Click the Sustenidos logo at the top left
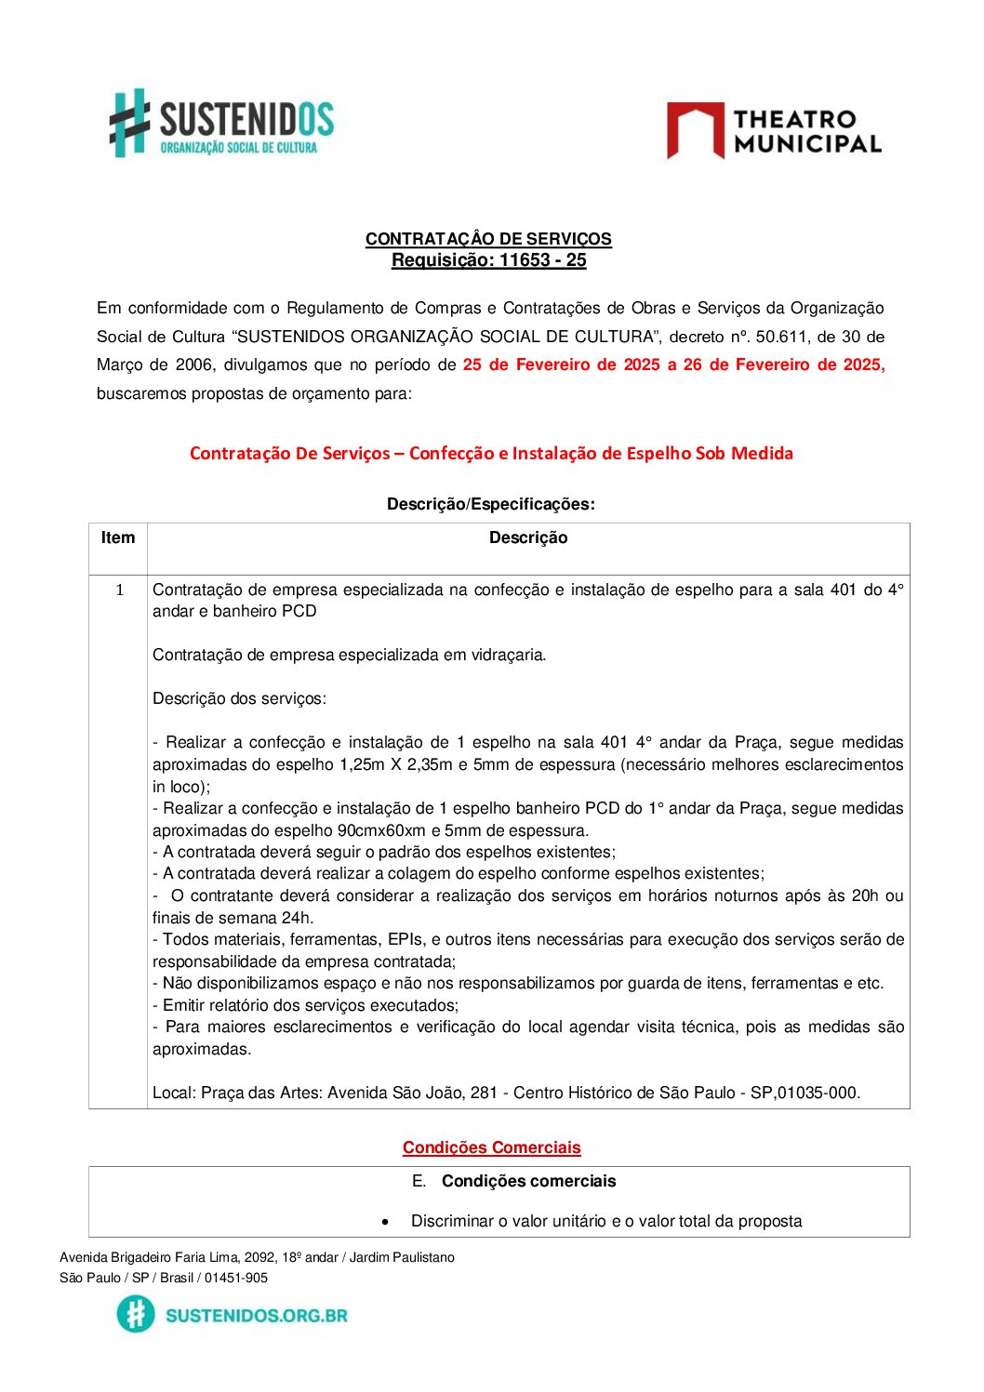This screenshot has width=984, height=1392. point(221,123)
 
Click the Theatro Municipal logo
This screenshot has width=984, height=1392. point(774,131)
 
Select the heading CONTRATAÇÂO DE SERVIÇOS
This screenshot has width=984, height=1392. point(488,239)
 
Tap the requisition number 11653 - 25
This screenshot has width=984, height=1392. point(542,260)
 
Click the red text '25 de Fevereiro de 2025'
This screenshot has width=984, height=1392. point(561,365)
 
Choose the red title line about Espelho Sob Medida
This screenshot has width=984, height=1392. point(491,454)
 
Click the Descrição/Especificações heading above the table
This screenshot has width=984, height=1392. point(490,504)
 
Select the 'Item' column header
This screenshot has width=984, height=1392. point(118,537)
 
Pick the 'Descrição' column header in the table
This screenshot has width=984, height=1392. point(527,537)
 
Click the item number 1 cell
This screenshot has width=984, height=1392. point(119,590)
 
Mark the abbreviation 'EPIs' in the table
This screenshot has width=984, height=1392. point(405,939)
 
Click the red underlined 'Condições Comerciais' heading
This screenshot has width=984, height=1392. point(491,1147)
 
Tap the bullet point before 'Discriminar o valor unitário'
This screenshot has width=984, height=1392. point(385,1222)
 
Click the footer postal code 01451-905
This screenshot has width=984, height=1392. point(236,1278)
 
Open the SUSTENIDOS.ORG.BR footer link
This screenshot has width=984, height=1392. point(256,1315)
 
